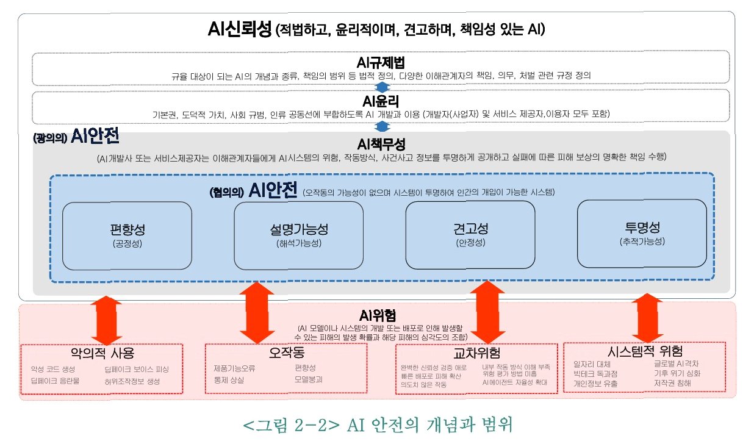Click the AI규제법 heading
point(381,63)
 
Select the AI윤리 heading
point(381,101)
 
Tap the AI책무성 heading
point(381,145)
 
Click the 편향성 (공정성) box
point(127,235)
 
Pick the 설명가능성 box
point(298,235)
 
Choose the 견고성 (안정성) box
point(470,235)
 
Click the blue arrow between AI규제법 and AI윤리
point(382,87)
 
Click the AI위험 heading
point(378,316)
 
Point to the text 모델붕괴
point(308,379)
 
